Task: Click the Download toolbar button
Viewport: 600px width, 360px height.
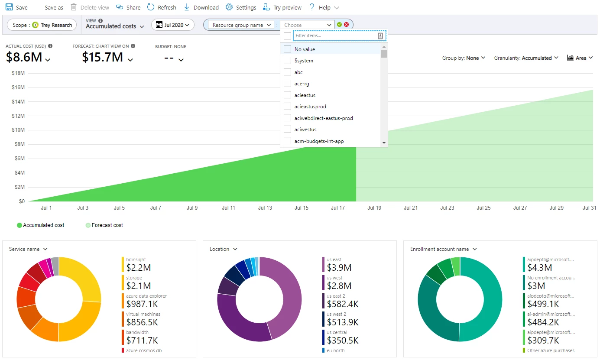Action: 201,7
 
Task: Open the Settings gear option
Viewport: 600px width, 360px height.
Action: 241,7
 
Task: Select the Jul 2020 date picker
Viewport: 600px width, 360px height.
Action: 172,25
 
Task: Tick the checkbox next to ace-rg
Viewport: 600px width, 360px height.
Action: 287,84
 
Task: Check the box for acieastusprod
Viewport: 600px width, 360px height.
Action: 287,107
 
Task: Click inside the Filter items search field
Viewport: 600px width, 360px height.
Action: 335,36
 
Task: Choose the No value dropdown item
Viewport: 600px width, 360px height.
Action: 305,49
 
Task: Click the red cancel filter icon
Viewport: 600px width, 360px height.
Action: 347,25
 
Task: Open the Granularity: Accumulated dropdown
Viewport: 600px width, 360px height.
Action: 526,58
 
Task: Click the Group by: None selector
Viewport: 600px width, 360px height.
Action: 463,58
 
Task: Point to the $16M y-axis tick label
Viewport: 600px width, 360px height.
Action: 18,88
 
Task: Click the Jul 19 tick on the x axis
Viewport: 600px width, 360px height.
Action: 374,208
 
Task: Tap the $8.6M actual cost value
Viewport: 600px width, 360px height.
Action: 24,57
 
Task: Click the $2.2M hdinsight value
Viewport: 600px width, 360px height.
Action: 139,268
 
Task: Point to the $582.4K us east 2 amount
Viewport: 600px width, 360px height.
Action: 342,304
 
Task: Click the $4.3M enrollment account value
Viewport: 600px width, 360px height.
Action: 540,268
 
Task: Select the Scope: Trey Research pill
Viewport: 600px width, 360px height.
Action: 42,25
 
